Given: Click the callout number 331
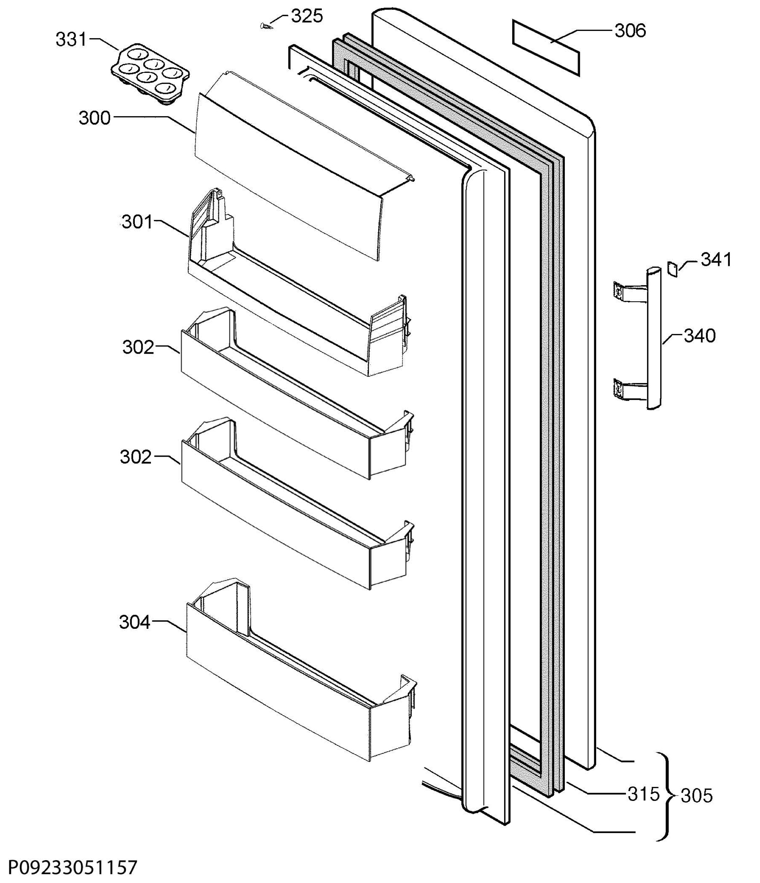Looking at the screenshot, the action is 71,40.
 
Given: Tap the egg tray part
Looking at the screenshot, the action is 151,74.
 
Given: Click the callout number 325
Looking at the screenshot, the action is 307,16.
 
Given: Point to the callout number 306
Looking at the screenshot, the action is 630,31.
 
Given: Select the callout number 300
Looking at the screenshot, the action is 95,118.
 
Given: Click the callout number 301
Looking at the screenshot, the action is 137,222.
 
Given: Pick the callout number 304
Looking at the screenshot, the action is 135,622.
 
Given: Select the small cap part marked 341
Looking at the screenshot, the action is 672,269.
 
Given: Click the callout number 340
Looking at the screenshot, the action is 700,336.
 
